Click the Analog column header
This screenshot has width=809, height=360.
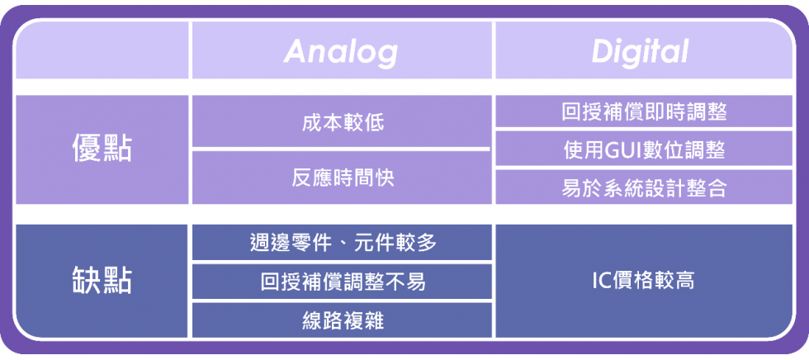pyautogui.click(x=340, y=51)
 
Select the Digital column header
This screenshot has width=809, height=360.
pyautogui.click(x=640, y=51)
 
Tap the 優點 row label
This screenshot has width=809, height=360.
pyautogui.click(x=102, y=149)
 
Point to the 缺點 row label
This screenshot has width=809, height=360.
pyautogui.click(x=102, y=281)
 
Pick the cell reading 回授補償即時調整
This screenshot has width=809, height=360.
pyautogui.click(x=644, y=111)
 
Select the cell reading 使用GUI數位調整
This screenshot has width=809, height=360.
pyautogui.click(x=644, y=149)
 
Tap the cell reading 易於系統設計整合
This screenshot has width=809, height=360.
pyautogui.click(x=644, y=187)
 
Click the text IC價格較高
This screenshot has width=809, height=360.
pyautogui.click(x=644, y=281)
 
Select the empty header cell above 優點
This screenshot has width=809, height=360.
pyautogui.click(x=102, y=50)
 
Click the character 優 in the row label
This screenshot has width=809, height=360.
pyautogui.click(x=87, y=149)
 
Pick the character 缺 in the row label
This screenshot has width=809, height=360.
pyautogui.click(x=87, y=281)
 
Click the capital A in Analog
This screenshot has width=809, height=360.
pyautogui.click(x=296, y=51)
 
